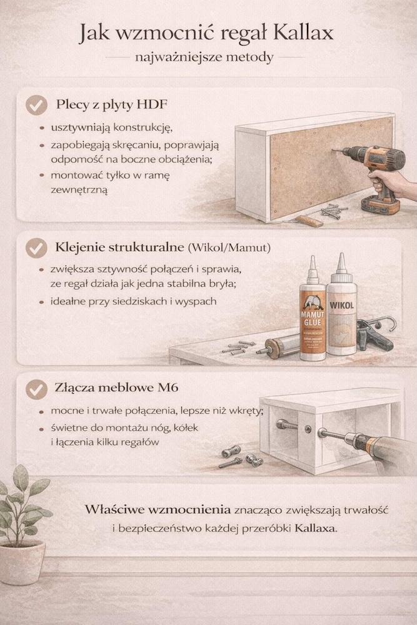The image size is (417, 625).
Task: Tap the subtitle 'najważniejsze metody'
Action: click(208, 57)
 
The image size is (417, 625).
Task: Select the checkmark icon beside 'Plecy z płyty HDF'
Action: click(36, 104)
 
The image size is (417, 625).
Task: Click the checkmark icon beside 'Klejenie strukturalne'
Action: click(36, 248)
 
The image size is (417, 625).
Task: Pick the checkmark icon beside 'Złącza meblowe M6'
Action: click(36, 389)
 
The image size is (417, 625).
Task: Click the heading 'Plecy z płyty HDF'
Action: click(113, 104)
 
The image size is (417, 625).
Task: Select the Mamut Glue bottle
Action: click(313, 319)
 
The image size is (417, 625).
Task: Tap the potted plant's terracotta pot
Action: click(23, 562)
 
